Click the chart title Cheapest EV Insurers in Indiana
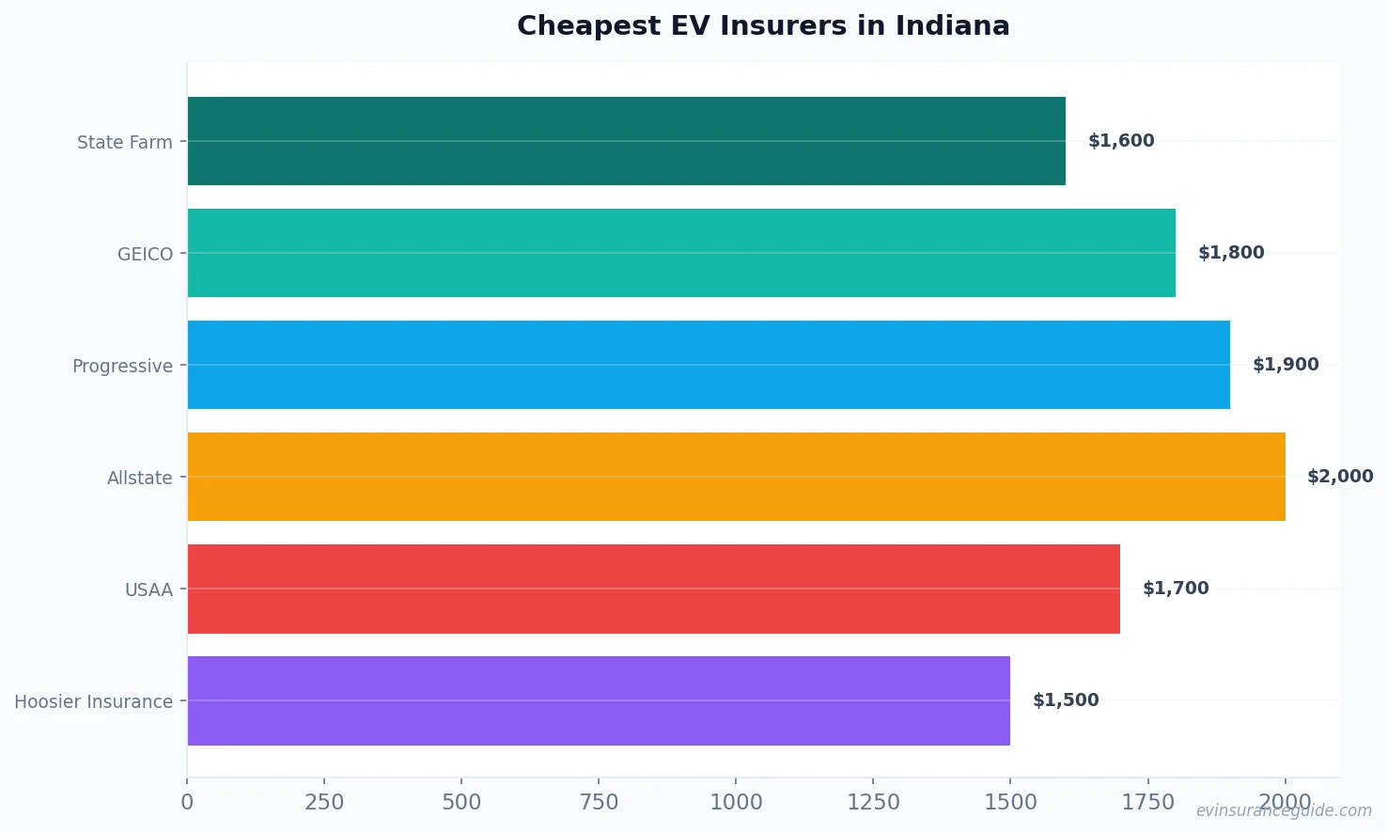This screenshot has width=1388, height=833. (x=763, y=26)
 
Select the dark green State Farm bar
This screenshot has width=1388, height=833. (x=626, y=141)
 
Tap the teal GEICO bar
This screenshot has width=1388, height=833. (x=681, y=253)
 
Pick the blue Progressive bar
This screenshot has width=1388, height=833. (x=709, y=365)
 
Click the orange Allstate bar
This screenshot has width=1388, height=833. (x=736, y=477)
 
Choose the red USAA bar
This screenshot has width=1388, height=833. (x=653, y=589)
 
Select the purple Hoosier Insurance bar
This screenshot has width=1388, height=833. (x=599, y=700)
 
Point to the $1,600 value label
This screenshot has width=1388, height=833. (x=1121, y=141)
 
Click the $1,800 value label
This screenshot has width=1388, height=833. (x=1231, y=253)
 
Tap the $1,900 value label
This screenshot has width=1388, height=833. (x=1286, y=365)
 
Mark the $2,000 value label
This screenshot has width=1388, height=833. (x=1340, y=477)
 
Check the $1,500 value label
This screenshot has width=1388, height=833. (x=1066, y=700)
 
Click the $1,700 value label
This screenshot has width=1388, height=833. (x=1176, y=589)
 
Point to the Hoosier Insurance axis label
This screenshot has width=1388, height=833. (x=93, y=702)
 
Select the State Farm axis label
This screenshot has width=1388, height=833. (x=125, y=143)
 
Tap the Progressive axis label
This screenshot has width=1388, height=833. (x=122, y=367)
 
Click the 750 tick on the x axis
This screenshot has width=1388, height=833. (x=599, y=802)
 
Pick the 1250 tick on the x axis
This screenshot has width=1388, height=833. (x=873, y=802)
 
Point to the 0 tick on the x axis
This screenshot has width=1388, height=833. (x=187, y=802)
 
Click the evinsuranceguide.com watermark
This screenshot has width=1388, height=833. (x=1284, y=811)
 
